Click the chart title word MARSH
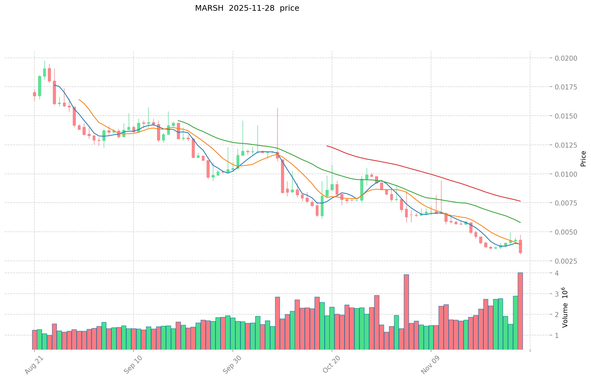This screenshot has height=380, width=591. [206, 8]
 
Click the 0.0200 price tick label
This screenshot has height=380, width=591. [566, 58]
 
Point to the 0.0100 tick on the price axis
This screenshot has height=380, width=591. [566, 174]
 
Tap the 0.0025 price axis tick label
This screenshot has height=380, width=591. [566, 261]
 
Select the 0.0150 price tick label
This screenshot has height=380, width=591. [566, 116]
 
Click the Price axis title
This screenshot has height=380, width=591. [583, 159]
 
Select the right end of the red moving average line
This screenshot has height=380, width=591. [520, 201]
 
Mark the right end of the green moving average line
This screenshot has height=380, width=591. [520, 222]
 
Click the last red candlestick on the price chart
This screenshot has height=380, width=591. [520, 246]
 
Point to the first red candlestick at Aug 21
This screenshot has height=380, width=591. [34, 94]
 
